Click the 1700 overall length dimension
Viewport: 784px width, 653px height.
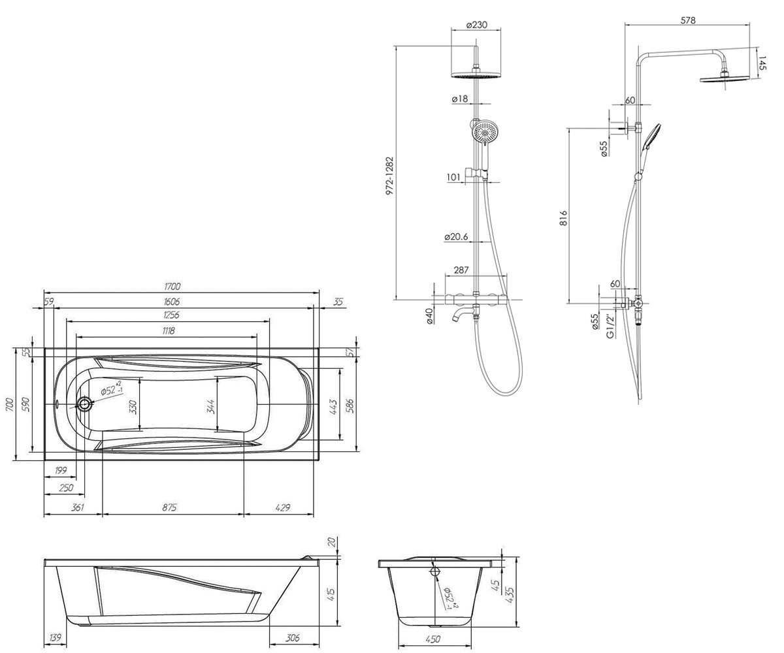pos(172,287)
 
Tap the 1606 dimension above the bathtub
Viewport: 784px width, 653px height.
pos(172,302)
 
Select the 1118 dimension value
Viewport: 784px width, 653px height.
pos(169,331)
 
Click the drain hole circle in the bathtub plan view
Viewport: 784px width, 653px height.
pos(84,404)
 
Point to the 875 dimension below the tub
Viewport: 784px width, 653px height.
pos(169,508)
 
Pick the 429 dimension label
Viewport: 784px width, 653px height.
pos(282,508)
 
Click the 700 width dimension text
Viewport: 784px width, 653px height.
pos(10,404)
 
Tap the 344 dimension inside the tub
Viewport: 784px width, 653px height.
pos(210,407)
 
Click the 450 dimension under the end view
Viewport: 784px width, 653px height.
pos(433,639)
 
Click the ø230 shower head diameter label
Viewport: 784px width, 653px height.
pos(476,25)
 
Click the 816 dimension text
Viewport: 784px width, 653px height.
pos(564,217)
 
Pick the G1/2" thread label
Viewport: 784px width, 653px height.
pos(611,326)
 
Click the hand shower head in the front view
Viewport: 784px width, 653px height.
pos(485,132)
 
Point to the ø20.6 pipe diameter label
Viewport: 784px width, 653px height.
pos(456,237)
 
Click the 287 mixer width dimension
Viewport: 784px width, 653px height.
pos(461,270)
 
